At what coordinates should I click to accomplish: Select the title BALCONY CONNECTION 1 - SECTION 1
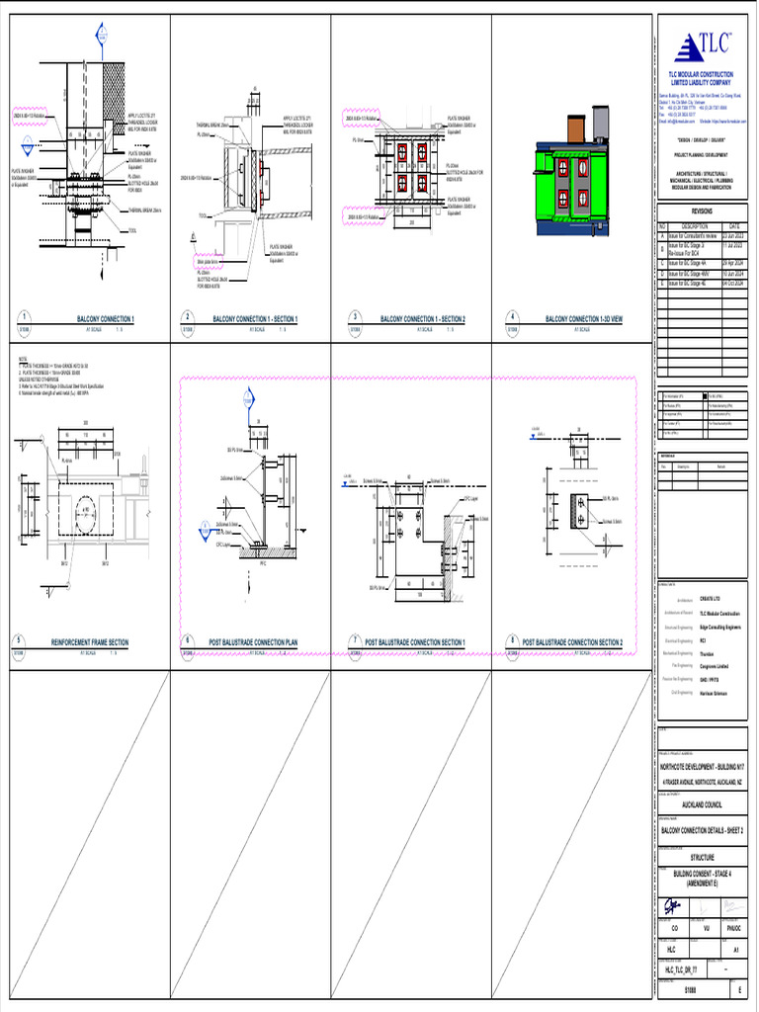(x=256, y=319)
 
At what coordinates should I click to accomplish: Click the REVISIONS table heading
(x=701, y=211)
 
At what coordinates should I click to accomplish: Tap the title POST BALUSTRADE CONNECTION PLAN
(x=252, y=642)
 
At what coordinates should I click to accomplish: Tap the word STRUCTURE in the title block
(x=702, y=858)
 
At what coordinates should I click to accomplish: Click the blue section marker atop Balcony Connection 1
(x=101, y=36)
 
